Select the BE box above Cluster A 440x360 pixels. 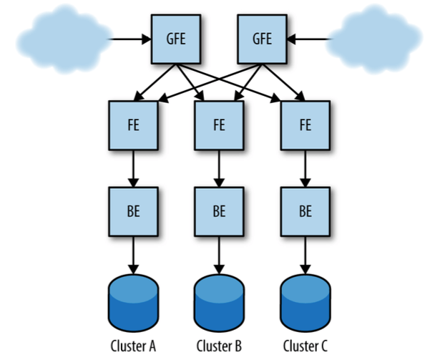(x=132, y=212)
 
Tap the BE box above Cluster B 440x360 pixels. (x=218, y=212)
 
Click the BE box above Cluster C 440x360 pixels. (x=305, y=212)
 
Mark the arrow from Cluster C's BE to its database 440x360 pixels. (x=305, y=256)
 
